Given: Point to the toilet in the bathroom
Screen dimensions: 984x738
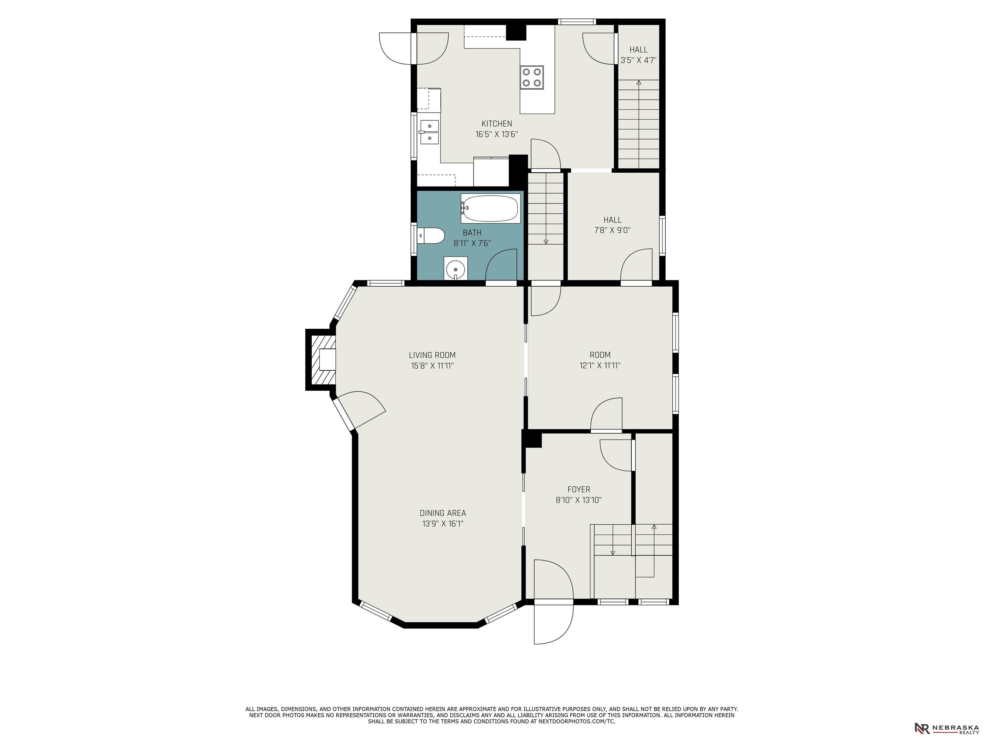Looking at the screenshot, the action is tap(430, 236).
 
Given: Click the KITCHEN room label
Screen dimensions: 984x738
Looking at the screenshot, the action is tap(496, 124).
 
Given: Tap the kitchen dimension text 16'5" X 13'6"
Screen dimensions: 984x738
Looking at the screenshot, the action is tap(496, 134).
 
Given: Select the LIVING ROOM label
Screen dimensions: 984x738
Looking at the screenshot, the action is tap(432, 355).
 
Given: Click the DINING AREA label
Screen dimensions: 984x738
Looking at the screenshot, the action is tap(443, 513).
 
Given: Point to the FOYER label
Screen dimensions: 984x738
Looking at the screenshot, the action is tap(579, 489).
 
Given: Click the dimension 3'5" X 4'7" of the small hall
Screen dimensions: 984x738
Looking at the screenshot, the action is tap(638, 60).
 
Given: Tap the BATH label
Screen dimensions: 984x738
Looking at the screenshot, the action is tap(472, 233).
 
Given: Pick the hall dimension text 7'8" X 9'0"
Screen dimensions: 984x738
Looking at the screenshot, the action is tap(612, 230).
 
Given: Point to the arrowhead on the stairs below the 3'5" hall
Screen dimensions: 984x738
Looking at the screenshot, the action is tap(639, 82).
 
